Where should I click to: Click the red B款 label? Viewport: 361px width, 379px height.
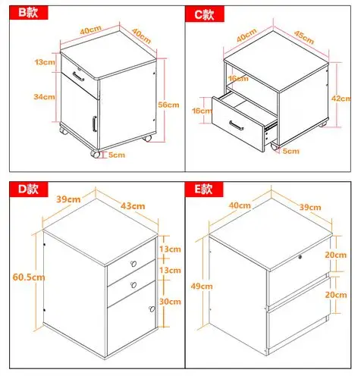pyautogui.click(x=29, y=12)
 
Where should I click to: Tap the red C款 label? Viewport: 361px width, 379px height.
pyautogui.click(x=205, y=14)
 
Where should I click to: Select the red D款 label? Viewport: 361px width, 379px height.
pyautogui.click(x=29, y=189)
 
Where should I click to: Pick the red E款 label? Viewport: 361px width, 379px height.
pyautogui.click(x=204, y=189)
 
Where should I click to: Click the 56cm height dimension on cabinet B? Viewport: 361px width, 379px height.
pyautogui.click(x=168, y=105)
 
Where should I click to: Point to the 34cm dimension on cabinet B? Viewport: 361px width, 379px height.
pyautogui.click(x=44, y=96)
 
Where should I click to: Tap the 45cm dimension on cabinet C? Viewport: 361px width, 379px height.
pyautogui.click(x=304, y=37)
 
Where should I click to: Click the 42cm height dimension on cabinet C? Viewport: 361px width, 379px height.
pyautogui.click(x=341, y=99)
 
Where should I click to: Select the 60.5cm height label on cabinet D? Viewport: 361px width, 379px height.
pyautogui.click(x=29, y=277)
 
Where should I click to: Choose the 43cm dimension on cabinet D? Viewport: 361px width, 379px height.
pyautogui.click(x=133, y=206)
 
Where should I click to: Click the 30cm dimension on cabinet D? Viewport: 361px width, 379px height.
pyautogui.click(x=170, y=302)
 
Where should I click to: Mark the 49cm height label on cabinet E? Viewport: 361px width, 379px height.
pyautogui.click(x=202, y=286)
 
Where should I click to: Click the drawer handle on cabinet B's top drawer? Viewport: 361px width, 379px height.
pyautogui.click(x=78, y=77)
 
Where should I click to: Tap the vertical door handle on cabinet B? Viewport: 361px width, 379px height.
pyautogui.click(x=94, y=124)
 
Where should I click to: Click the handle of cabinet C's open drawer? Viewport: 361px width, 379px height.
pyautogui.click(x=237, y=125)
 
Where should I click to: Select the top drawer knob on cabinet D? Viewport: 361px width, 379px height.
pyautogui.click(x=133, y=264)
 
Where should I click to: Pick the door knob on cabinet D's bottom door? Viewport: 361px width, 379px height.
pyautogui.click(x=152, y=309)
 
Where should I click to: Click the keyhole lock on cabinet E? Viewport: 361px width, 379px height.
pyautogui.click(x=300, y=257)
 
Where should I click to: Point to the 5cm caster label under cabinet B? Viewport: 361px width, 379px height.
pyautogui.click(x=117, y=155)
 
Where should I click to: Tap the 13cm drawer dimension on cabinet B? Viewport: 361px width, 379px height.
pyautogui.click(x=45, y=61)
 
